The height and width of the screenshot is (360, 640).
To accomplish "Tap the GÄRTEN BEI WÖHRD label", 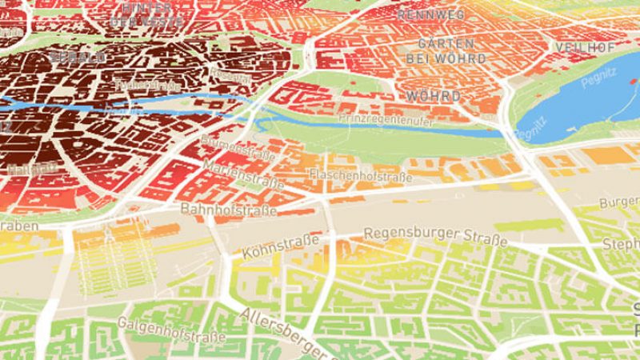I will point(440,51).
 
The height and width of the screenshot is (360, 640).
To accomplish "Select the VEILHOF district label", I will point(585,46).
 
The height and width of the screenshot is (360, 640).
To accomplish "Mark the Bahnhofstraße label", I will point(229,210).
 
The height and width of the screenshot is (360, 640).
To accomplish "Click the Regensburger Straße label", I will point(435,236).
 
